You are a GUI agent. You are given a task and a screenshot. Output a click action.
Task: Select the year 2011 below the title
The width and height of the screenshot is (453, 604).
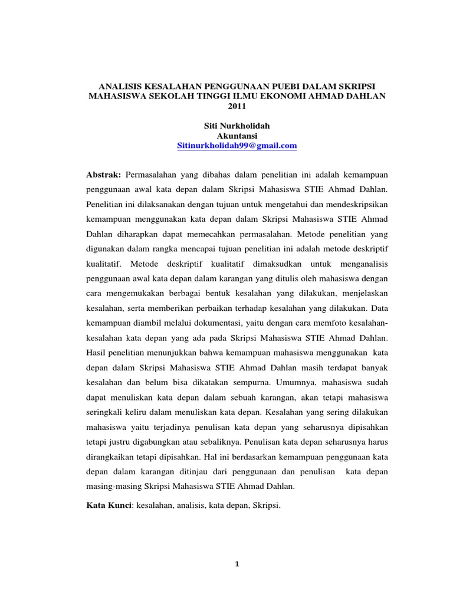[x=235, y=106]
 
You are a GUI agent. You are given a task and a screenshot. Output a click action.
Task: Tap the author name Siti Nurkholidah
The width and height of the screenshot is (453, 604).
[x=237, y=126]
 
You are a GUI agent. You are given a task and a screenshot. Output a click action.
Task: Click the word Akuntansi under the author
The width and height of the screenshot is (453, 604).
[x=237, y=136]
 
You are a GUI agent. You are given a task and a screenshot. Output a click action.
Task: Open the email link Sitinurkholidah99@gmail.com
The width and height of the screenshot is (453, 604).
[x=237, y=145]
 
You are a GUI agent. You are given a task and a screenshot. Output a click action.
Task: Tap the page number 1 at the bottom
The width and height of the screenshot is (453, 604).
[x=237, y=564]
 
